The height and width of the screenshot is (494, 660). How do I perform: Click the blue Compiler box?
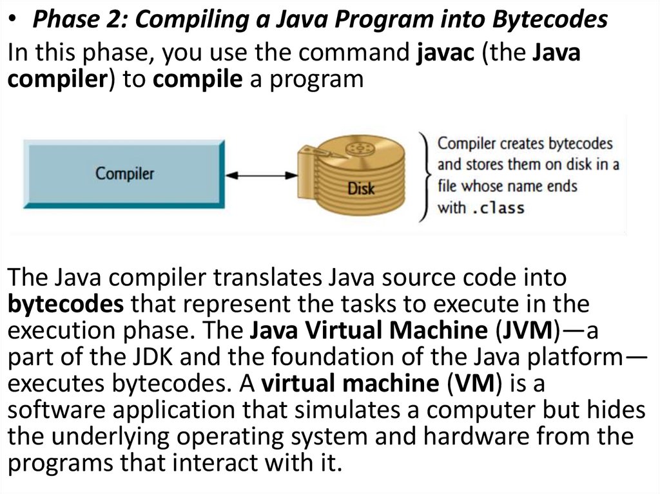(x=124, y=173)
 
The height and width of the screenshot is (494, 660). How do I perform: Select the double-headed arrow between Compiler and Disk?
(x=260, y=175)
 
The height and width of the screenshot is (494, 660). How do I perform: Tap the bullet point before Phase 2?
(x=14, y=21)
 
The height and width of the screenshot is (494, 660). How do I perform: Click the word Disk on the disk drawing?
(x=361, y=189)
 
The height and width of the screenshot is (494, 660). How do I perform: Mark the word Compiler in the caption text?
(x=463, y=143)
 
